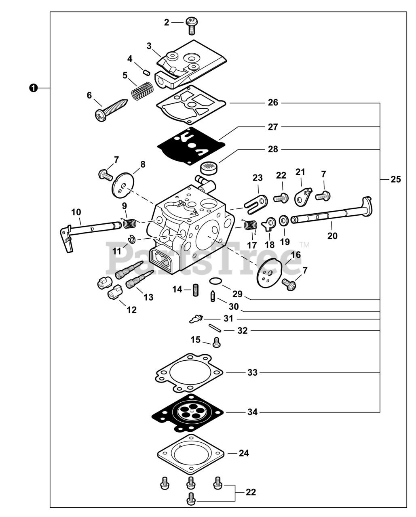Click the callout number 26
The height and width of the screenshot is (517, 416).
click(x=273, y=103)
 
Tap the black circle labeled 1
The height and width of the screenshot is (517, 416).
click(x=33, y=88)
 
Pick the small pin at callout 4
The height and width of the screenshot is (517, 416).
click(x=147, y=72)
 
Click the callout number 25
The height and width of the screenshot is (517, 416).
click(x=396, y=179)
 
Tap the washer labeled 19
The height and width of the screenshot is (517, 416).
click(x=284, y=221)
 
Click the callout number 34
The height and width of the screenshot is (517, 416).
click(x=253, y=412)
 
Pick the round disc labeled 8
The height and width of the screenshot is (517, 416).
click(x=123, y=185)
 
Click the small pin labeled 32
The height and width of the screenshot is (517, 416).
click(x=215, y=328)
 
